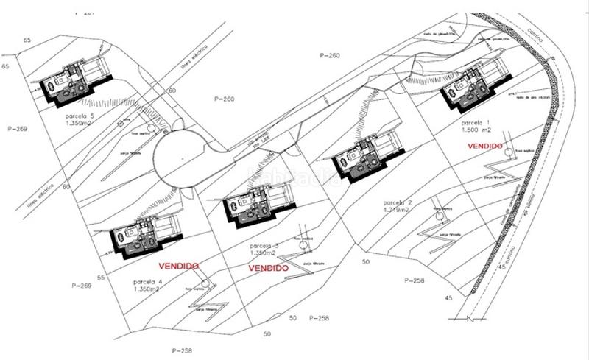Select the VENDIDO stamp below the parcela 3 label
[267, 269]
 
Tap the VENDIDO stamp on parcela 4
[180, 262]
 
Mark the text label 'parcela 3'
[264, 245]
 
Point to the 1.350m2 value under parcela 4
[147, 289]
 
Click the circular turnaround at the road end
[180, 155]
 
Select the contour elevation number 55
[101, 278]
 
